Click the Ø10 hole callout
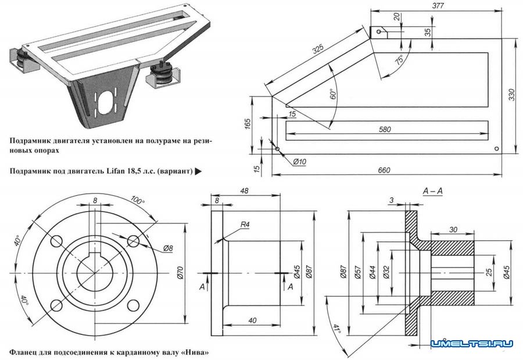tap(300, 161)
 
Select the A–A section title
tap(433, 192)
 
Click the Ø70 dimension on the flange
tap(181, 271)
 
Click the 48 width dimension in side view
tap(244, 191)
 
